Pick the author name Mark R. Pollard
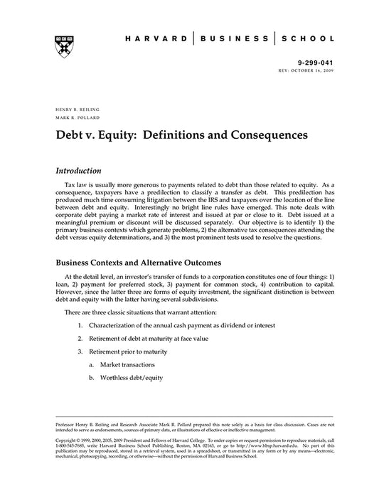pyautogui.click(x=74, y=118)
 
